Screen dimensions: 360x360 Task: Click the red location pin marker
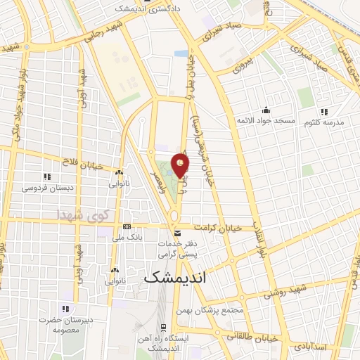click(x=181, y=165)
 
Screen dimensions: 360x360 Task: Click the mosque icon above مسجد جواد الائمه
click(x=266, y=110)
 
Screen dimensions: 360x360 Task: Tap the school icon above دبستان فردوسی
click(x=46, y=176)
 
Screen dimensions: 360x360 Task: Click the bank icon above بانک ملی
click(x=127, y=226)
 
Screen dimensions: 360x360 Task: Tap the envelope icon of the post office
click(x=176, y=233)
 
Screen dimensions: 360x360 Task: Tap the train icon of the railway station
click(x=163, y=328)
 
